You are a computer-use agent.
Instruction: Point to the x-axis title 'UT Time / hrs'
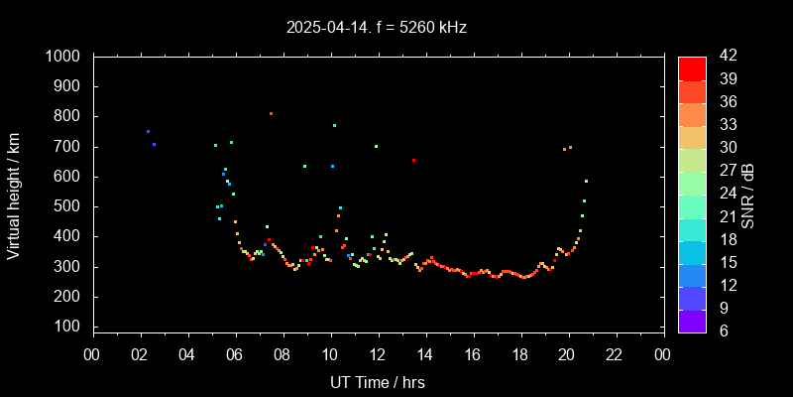coord(378,381)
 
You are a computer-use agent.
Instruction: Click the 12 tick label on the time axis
coord(378,354)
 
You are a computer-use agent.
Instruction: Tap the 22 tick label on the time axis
coord(616,354)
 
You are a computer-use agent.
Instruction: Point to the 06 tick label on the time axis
coord(235,354)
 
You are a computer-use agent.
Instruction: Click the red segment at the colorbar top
coord(692,67)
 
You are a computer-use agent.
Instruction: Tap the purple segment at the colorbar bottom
coord(692,320)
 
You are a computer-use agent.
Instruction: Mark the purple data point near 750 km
coord(148,131)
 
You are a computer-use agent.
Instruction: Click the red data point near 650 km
coord(413,160)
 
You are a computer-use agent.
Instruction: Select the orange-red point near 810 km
coord(271,113)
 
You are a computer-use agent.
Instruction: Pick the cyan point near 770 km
coord(334,125)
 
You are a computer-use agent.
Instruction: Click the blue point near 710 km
coord(154,144)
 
